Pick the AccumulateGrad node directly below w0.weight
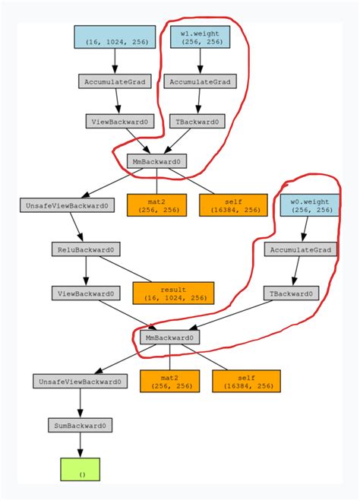(x=301, y=249)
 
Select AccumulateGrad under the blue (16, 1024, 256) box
(x=115, y=81)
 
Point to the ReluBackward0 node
(x=85, y=249)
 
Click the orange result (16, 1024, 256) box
(x=173, y=293)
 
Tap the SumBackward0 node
(x=80, y=425)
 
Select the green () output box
(x=80, y=469)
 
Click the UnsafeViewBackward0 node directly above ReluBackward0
(x=65, y=205)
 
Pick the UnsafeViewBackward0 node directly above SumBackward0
(x=80, y=382)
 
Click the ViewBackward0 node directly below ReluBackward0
(x=85, y=293)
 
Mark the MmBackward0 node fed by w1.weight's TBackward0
(x=156, y=161)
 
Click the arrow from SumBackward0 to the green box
(x=80, y=445)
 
